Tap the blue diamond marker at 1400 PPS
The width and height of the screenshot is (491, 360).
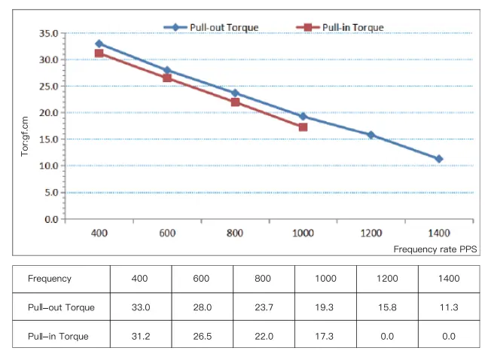tap(439, 159)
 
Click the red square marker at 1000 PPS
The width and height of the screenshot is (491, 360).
tap(303, 127)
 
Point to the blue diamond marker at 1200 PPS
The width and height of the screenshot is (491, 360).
tap(371, 135)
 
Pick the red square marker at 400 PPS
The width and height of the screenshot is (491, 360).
tap(99, 53)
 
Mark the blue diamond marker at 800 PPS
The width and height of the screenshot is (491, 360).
tap(235, 93)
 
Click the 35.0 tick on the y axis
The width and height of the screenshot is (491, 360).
tap(47, 33)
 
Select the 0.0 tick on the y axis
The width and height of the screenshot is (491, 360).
tap(50, 219)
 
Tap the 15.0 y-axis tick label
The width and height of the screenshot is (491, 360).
tap(47, 139)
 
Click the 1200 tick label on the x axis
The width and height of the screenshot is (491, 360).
tap(371, 233)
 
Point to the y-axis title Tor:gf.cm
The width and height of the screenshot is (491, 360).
tap(25, 134)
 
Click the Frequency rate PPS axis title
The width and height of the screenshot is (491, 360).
tap(435, 249)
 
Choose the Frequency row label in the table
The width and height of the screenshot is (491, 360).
tap(50, 279)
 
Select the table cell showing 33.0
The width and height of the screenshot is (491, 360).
tap(141, 307)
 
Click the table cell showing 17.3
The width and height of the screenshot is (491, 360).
tap(325, 336)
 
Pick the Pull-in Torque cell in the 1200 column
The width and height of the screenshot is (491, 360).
tap(386, 336)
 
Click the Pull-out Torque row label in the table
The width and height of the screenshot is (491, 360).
tap(60, 307)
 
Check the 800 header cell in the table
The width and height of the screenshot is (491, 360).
tap(264, 279)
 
